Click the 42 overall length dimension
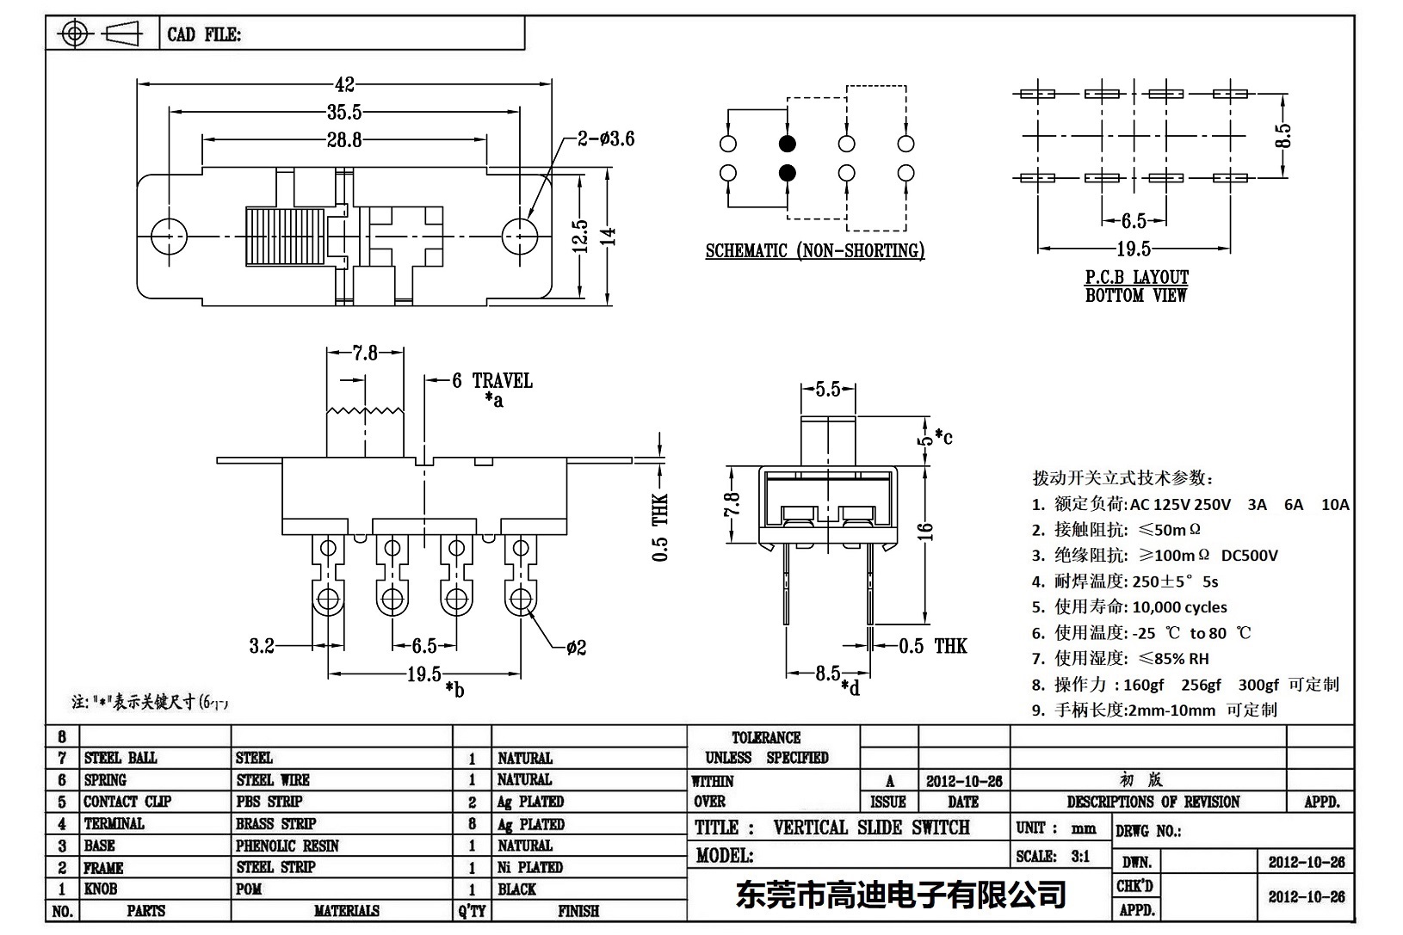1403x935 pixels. (344, 84)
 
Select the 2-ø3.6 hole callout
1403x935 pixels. (606, 138)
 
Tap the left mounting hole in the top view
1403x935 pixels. (169, 235)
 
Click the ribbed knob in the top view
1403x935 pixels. (285, 235)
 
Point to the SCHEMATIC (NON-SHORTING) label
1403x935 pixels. (814, 251)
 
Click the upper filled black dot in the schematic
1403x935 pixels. (787, 144)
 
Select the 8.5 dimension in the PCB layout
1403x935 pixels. (1283, 135)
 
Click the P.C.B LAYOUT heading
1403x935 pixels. (1136, 277)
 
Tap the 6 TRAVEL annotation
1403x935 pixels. (491, 380)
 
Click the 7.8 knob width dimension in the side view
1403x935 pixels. (365, 353)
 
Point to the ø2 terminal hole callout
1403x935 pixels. (576, 647)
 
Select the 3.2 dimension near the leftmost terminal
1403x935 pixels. (262, 645)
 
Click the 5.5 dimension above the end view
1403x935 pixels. (827, 390)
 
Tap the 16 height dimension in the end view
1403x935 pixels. (926, 532)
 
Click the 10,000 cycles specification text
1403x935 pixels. (1179, 607)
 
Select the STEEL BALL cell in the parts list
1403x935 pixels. (121, 758)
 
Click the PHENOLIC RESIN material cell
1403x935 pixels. (287, 846)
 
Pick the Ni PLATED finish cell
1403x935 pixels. (530, 867)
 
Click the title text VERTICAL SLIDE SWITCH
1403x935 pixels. (871, 827)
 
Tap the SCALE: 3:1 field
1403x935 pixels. (1053, 856)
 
